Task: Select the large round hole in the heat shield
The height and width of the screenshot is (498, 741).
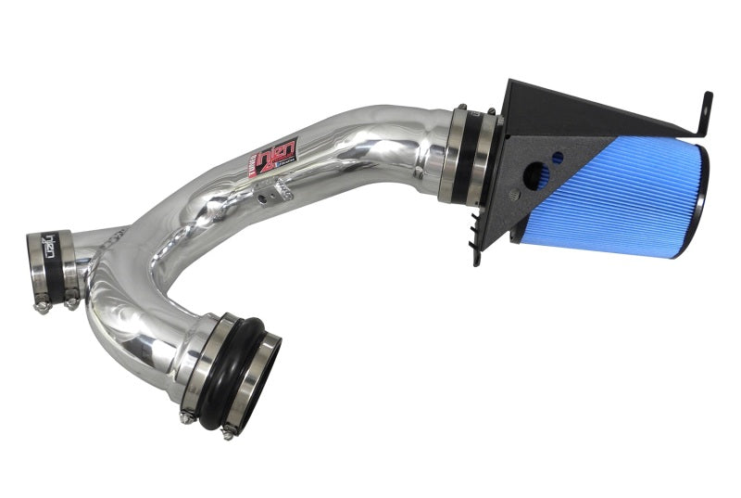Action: pos(534,175)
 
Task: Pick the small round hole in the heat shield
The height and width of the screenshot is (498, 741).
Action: pos(558,158)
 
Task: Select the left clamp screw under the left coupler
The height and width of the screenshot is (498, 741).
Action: pos(42,307)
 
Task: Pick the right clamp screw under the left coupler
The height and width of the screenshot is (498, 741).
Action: pos(71,302)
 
